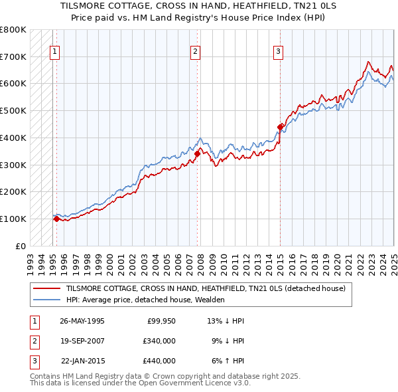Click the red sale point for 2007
pos(197,153)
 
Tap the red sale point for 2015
pos(281,126)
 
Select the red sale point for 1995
pos(56,218)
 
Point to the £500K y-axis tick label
pos(13,110)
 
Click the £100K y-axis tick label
pos(13,219)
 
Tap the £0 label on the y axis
pos(19,246)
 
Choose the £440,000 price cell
pos(159,361)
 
